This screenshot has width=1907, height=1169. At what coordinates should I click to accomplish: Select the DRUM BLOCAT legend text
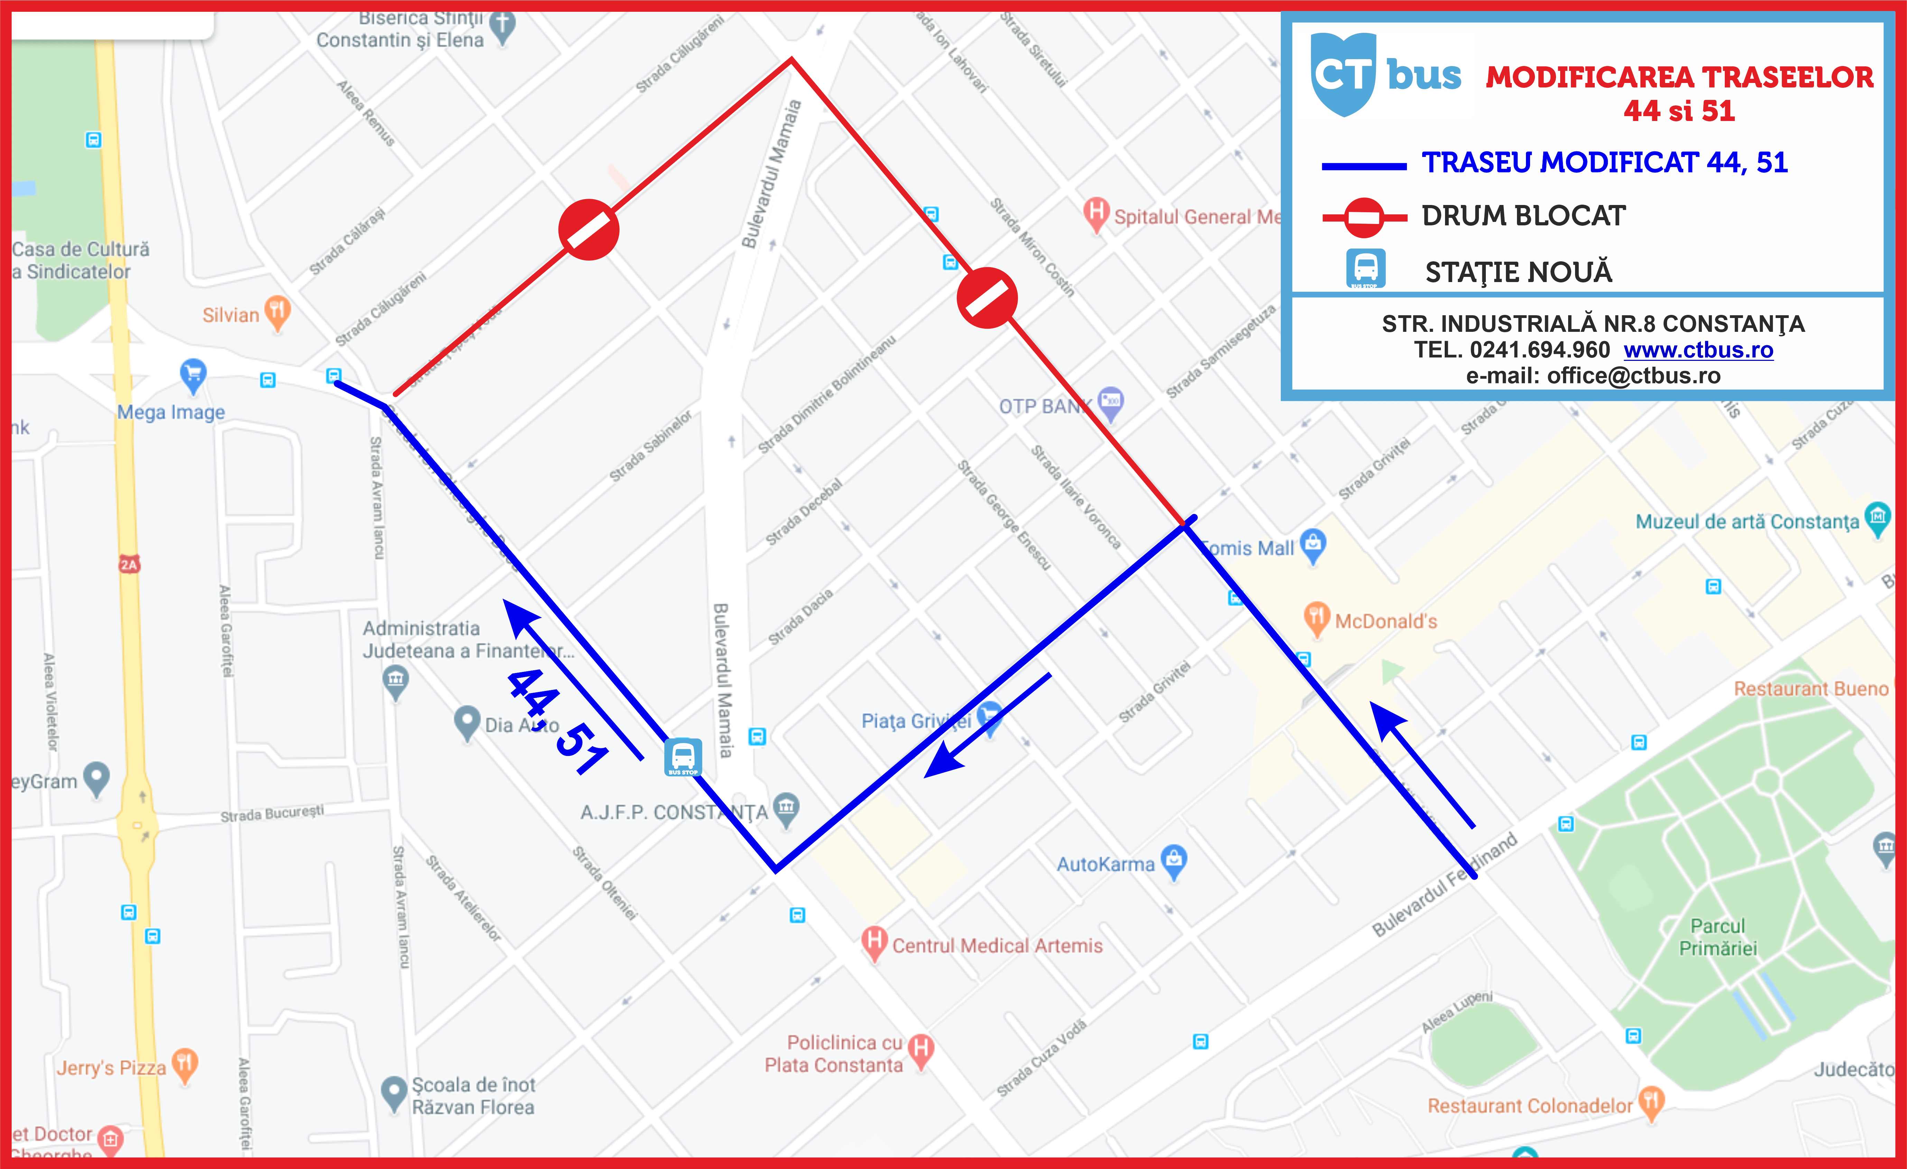tap(1523, 216)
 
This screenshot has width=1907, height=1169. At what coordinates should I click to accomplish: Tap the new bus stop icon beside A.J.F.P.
tap(683, 757)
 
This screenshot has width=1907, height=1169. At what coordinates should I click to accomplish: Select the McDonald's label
tap(1385, 621)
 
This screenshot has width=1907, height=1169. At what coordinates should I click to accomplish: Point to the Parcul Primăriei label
tap(1718, 937)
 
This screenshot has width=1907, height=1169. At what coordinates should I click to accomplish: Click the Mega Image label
tap(171, 412)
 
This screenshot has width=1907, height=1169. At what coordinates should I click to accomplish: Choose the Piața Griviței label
tap(916, 721)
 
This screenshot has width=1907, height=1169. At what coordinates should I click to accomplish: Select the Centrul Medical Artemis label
tap(997, 945)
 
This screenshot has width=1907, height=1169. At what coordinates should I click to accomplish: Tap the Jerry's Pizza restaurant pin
tap(184, 1064)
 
